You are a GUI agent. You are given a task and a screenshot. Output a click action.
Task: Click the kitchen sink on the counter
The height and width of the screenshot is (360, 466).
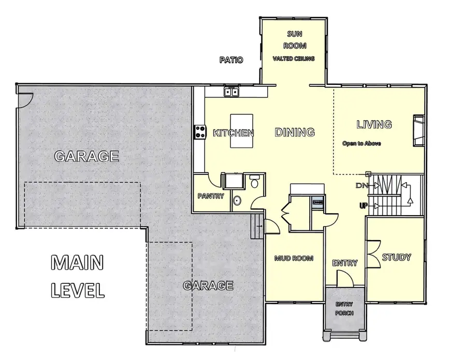tap(231, 92)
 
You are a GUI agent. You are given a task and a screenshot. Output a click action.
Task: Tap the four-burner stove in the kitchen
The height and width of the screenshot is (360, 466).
tap(199, 132)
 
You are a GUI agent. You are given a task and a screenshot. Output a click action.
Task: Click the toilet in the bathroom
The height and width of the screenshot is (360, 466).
tap(254, 183)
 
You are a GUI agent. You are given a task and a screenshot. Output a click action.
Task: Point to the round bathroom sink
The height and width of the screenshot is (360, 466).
tap(237, 201)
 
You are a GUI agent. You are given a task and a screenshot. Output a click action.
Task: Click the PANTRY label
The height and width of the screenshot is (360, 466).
tap(211, 196)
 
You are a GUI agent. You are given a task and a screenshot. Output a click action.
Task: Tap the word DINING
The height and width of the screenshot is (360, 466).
tap(294, 132)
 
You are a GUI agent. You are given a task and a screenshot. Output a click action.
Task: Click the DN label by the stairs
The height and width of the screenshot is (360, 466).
tap(361, 185)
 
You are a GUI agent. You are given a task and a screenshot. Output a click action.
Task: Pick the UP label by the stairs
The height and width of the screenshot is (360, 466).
tap(363, 206)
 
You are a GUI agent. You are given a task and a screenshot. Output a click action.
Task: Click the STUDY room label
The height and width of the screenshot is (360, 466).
tap(396, 257)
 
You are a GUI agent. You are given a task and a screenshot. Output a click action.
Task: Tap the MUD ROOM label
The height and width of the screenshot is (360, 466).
tap(294, 258)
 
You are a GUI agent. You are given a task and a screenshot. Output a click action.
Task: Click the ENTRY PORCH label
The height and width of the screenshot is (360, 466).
tap(344, 308)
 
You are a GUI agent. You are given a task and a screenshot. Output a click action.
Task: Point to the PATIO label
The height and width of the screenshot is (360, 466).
tap(231, 60)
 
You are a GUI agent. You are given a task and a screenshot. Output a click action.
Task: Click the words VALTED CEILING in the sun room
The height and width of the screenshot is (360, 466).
tap(294, 59)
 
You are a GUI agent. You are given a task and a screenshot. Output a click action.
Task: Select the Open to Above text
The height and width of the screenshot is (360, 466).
tap(361, 143)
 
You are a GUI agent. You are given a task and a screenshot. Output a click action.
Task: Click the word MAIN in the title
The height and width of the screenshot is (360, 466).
tap(77, 263)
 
